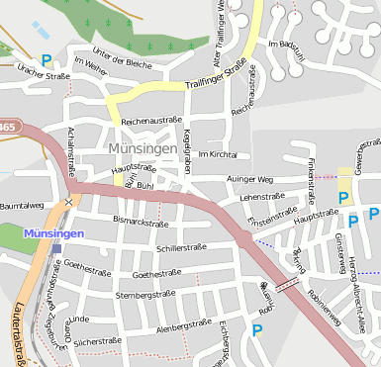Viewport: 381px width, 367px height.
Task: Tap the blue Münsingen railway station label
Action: point(53,231)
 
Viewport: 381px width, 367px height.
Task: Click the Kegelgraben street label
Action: point(186,148)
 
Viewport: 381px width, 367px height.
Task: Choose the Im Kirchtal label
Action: point(218,155)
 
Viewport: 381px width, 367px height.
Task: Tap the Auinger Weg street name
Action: point(249,180)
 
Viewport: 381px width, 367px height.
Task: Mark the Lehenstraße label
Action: point(261,198)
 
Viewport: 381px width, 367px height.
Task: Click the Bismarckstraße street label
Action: point(142,222)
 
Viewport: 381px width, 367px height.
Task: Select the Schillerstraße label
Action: point(179,248)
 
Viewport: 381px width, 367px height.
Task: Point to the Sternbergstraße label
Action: point(145,295)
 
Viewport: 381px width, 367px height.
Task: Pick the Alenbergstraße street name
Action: point(185,323)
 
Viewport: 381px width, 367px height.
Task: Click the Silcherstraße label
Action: point(97,341)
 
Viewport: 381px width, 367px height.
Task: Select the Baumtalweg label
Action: point(22,205)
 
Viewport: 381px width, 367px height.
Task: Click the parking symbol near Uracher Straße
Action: point(46,61)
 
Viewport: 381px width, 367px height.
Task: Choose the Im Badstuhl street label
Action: point(292,45)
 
